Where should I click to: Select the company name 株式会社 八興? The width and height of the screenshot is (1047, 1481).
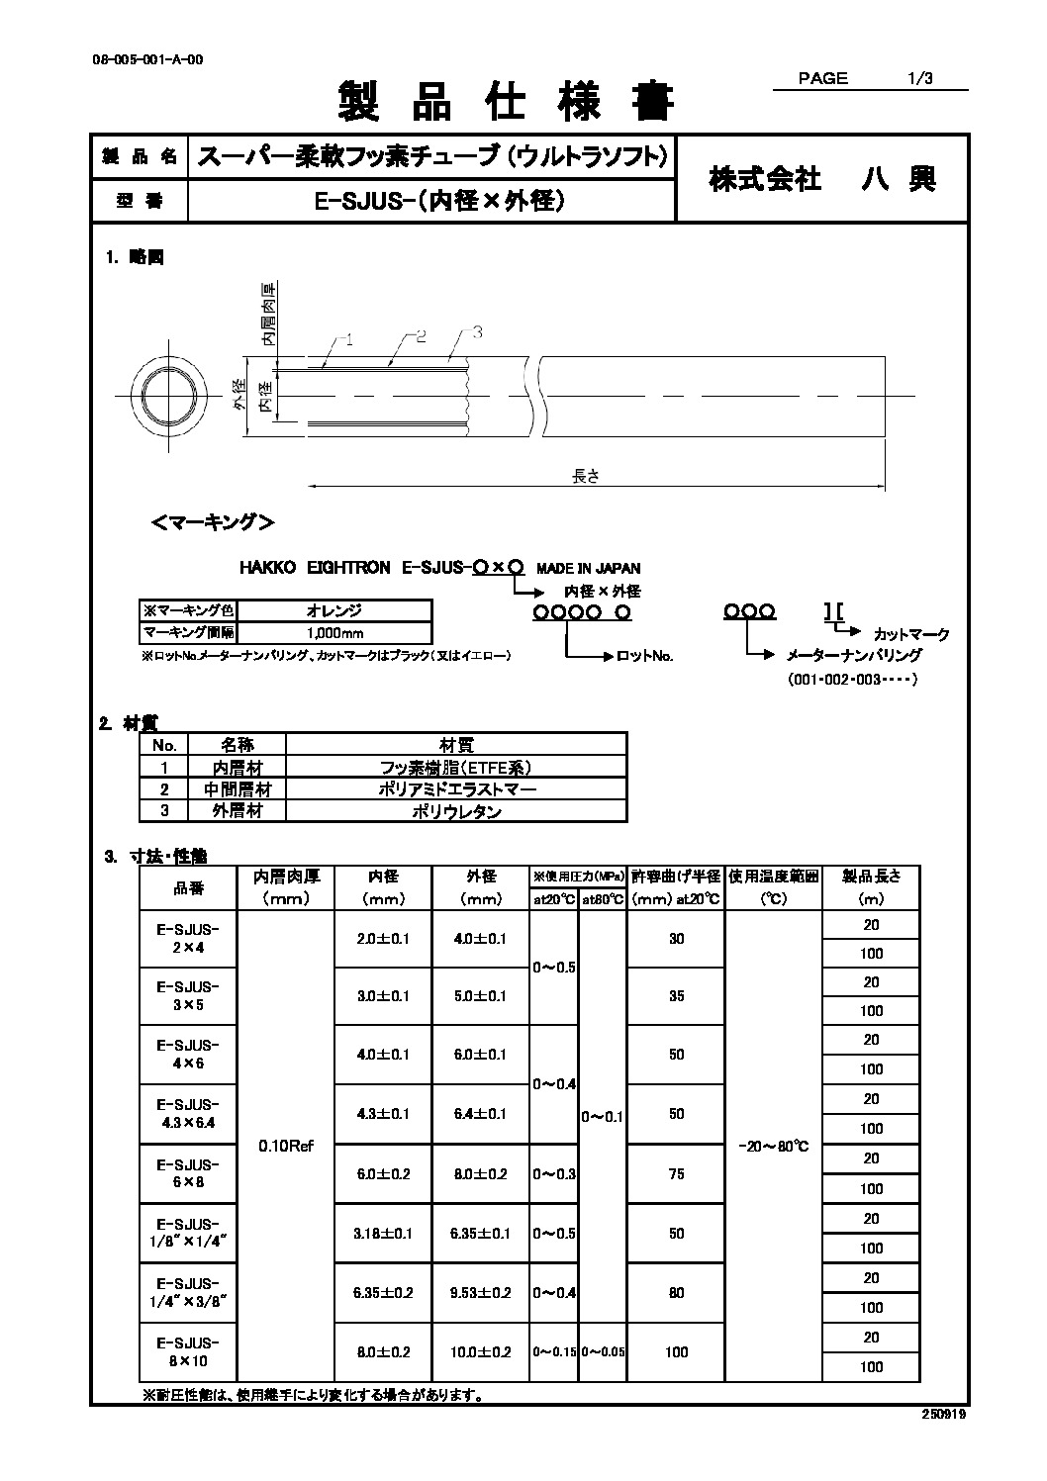pyautogui.click(x=821, y=179)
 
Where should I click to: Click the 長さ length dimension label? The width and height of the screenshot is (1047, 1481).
pyautogui.click(x=586, y=475)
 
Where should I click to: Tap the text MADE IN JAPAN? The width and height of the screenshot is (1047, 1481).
pyautogui.click(x=588, y=568)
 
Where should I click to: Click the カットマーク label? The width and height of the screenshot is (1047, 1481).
pyautogui.click(x=910, y=634)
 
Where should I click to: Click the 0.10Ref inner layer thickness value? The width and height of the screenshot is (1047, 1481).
pyautogui.click(x=285, y=1146)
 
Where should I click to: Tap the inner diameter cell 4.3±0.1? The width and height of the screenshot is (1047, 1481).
pyautogui.click(x=383, y=1114)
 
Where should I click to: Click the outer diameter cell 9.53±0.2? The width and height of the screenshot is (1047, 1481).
pyautogui.click(x=481, y=1292)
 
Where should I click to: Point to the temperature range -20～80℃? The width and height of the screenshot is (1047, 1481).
pyautogui.click(x=773, y=1146)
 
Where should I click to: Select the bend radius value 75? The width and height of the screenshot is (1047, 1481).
pyautogui.click(x=676, y=1174)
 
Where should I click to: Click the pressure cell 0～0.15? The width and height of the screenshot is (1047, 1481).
pyautogui.click(x=554, y=1351)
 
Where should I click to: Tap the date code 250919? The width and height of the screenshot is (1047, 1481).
pyautogui.click(x=944, y=1415)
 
